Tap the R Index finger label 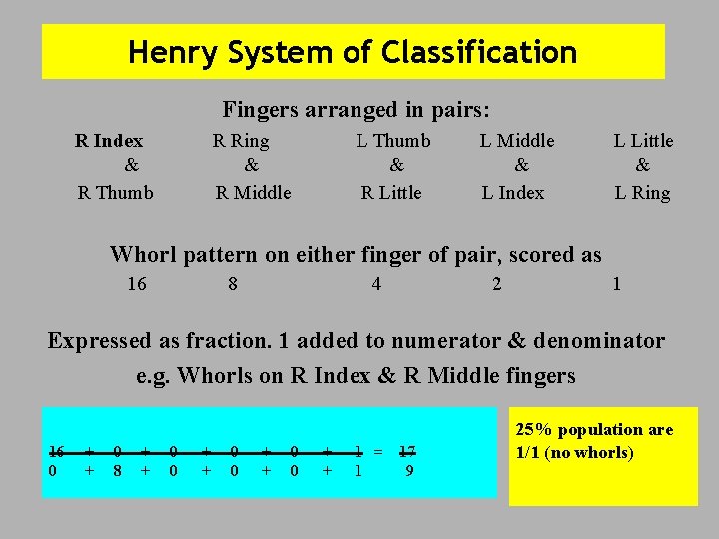109,141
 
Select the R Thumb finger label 116,193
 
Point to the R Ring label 241,141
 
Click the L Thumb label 393,141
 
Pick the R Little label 391,193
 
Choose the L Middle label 517,141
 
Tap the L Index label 513,193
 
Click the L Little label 643,141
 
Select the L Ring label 642,193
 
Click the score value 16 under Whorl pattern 137,284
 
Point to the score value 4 376,284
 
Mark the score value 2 497,284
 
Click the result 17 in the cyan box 407,449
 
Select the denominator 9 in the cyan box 409,468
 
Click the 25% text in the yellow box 535,430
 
